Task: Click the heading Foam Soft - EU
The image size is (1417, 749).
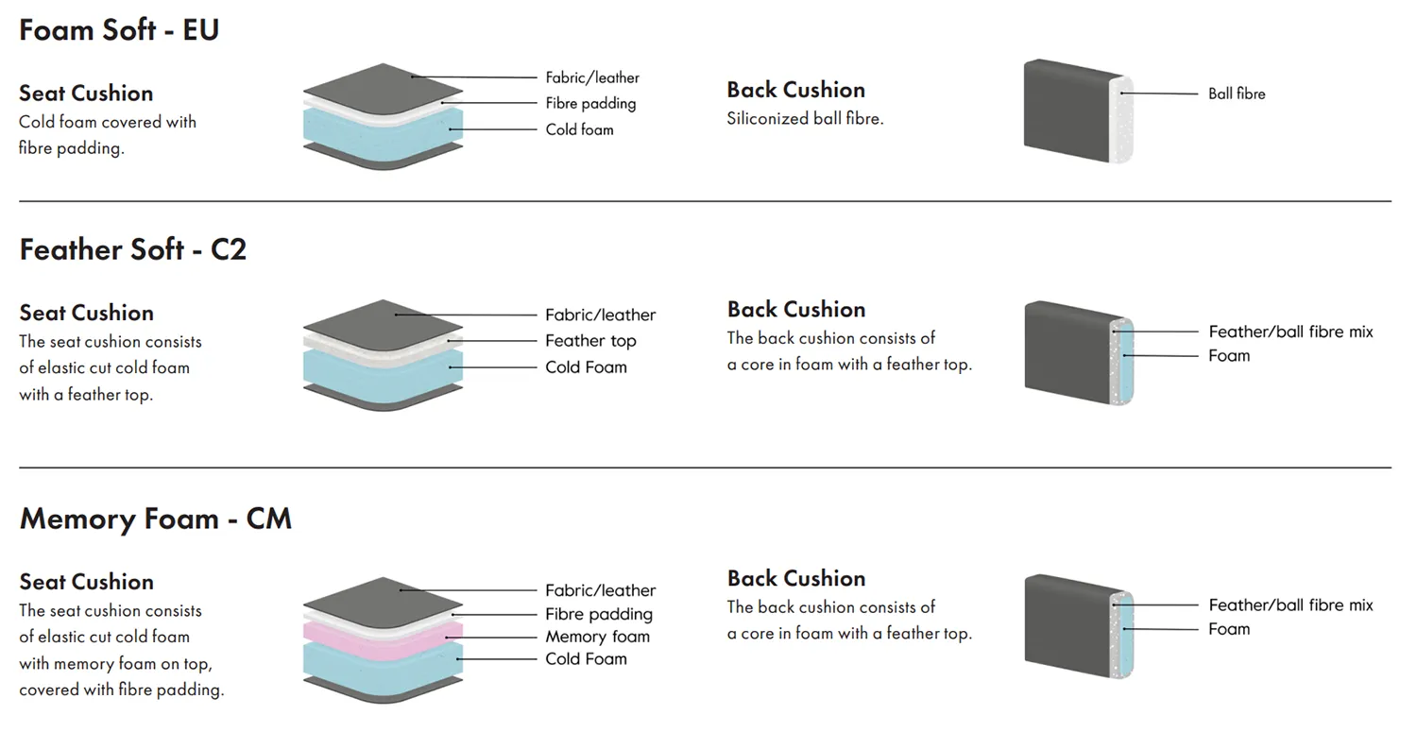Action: coord(119,30)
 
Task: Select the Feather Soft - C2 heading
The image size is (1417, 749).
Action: coord(132,250)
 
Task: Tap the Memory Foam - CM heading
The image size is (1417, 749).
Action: coord(155,519)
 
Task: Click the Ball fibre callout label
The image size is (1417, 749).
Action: coord(1237,94)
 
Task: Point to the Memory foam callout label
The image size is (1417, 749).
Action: coord(597,637)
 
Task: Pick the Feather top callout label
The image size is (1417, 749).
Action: coord(590,341)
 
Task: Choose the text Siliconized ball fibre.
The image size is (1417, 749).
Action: coord(805,119)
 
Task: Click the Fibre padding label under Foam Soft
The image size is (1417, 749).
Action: coord(590,104)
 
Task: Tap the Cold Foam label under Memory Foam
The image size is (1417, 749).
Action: coord(586,659)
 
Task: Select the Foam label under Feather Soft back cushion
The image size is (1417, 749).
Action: coord(1228,356)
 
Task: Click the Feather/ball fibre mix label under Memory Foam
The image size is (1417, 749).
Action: coord(1290,605)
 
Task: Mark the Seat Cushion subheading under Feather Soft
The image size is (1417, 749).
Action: coord(86,313)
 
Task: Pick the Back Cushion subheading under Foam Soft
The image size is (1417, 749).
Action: coord(795,90)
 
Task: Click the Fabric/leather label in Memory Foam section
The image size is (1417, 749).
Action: coord(600,590)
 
